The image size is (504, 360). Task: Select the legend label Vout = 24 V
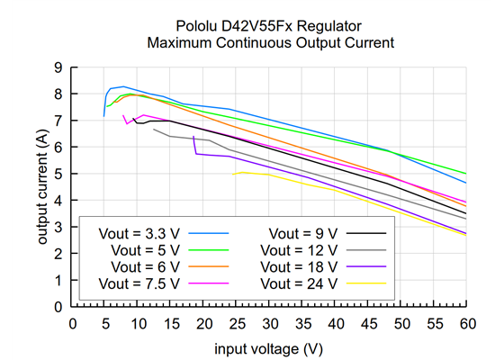tap(296, 283)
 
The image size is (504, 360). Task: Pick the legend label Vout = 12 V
tap(296, 249)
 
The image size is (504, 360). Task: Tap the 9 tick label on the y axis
tap(58, 67)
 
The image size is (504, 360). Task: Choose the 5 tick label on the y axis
tap(58, 174)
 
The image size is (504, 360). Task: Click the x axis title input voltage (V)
tap(269, 346)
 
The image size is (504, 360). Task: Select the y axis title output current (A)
tap(41, 186)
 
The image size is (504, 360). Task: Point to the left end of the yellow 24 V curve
tap(234, 174)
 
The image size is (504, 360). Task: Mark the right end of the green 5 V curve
tap(466, 174)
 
